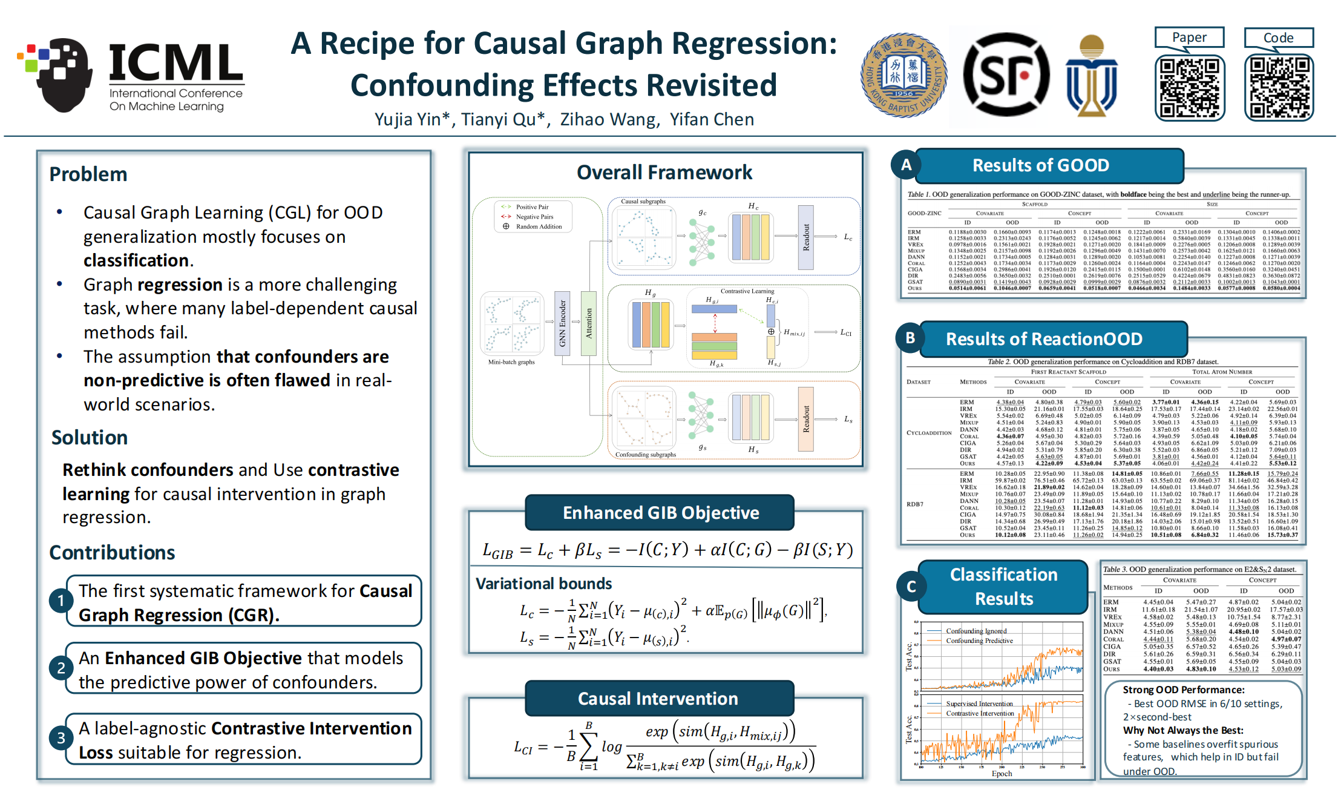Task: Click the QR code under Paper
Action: (x=1189, y=88)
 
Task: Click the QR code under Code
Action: (x=1278, y=88)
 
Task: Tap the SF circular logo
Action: (x=1006, y=74)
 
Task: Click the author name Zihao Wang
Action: (x=608, y=119)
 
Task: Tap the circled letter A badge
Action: (x=906, y=165)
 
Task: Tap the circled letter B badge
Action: (x=910, y=338)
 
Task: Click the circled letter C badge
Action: (x=911, y=586)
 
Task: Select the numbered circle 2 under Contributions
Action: (x=61, y=668)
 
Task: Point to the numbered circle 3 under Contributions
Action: (x=61, y=738)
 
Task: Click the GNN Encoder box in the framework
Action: (x=563, y=323)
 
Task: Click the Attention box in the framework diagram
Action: (x=588, y=323)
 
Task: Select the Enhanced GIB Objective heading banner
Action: (x=660, y=513)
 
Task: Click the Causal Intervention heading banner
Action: (x=658, y=699)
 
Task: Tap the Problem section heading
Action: (x=88, y=174)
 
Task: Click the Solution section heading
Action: (x=90, y=438)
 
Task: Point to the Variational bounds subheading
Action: (x=543, y=584)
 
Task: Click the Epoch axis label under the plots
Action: (x=1002, y=773)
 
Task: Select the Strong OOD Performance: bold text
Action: (x=1183, y=690)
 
